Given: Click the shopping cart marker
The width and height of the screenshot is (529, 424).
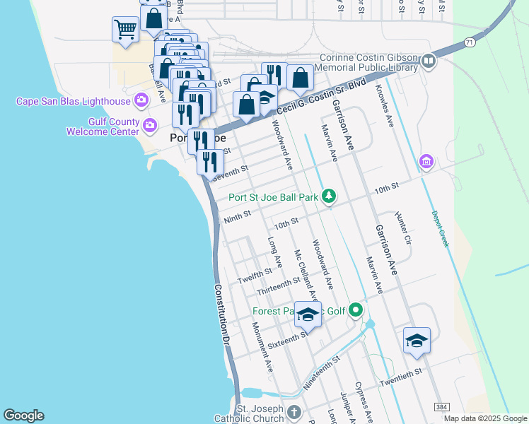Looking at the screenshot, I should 125,30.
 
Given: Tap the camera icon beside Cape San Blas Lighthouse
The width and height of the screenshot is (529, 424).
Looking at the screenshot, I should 141,100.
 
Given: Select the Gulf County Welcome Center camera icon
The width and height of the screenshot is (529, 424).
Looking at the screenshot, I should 149,126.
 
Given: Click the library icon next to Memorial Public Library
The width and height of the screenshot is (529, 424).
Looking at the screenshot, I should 428,61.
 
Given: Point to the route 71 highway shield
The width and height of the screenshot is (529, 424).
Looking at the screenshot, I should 470,43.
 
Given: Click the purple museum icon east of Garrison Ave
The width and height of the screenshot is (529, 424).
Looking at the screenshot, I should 425,162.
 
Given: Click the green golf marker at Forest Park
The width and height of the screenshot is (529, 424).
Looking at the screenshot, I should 356,310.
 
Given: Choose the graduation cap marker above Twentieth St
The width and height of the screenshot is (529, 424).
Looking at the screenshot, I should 417,341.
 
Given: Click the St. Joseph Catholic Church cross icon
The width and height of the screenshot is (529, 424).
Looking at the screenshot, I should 294,411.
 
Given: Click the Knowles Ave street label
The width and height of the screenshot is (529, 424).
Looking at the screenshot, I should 385,106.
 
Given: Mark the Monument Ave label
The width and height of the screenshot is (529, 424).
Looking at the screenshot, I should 262,347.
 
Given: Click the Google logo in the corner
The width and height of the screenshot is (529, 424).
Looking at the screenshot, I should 23,416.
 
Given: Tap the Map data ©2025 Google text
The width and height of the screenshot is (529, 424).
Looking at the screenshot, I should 485,418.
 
